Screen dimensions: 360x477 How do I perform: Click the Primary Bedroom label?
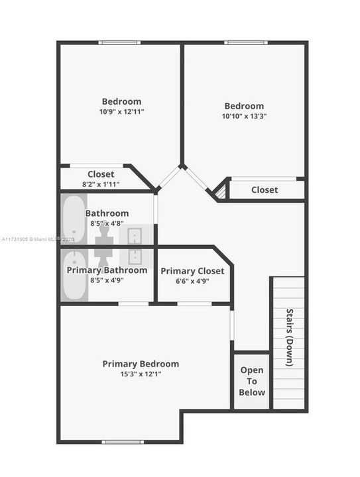coord(141,364)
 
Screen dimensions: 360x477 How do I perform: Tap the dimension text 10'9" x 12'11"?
coord(121,112)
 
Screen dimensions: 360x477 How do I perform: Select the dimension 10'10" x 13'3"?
coord(244,116)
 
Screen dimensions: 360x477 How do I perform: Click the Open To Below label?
coord(252,381)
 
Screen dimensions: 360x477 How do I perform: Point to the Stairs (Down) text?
coord(290,337)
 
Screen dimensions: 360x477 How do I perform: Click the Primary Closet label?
coord(192,271)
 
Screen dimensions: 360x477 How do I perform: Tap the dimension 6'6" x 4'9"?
coord(192,281)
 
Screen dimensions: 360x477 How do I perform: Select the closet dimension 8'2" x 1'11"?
coord(101,184)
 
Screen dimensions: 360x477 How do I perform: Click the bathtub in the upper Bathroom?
coord(74,219)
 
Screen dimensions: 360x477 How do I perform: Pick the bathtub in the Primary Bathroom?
coord(74,275)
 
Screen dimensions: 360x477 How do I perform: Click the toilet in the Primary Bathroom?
coord(104,257)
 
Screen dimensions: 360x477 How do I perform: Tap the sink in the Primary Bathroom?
coord(135,257)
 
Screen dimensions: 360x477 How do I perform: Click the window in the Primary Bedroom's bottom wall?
coord(123,442)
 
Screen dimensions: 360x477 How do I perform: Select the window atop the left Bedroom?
coord(119,42)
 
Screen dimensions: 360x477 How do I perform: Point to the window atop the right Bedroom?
coord(246,42)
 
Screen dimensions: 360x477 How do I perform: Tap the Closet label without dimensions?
coord(265,190)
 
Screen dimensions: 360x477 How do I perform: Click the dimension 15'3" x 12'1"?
coord(141,374)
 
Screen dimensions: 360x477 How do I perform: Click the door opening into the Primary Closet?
coord(194,304)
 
